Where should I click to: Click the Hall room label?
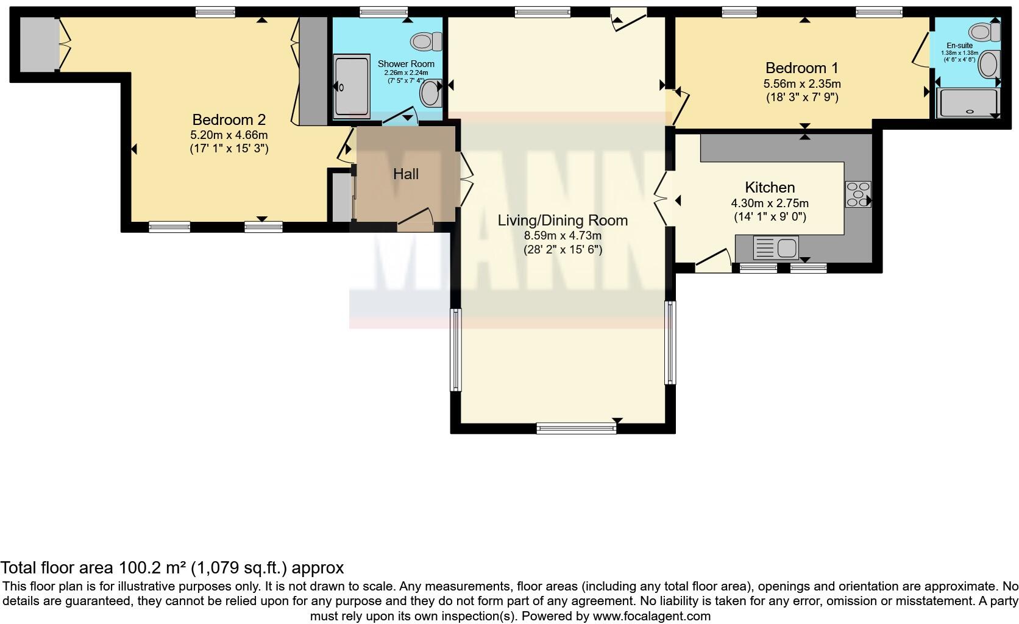click(x=405, y=174)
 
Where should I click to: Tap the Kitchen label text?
click(x=770, y=188)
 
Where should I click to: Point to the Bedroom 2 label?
click(x=229, y=119)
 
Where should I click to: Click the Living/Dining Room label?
click(x=562, y=221)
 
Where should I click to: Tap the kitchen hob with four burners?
click(x=857, y=194)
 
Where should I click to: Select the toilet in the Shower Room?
click(x=427, y=41)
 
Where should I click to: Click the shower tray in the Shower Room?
click(x=352, y=87)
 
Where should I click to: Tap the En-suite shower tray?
click(x=968, y=103)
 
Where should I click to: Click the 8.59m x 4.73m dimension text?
click(x=562, y=236)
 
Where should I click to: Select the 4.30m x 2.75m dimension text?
click(x=770, y=204)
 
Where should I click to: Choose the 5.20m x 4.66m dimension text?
click(x=229, y=135)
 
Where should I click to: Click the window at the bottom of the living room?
click(x=576, y=428)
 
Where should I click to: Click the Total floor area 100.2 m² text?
click(x=172, y=568)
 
